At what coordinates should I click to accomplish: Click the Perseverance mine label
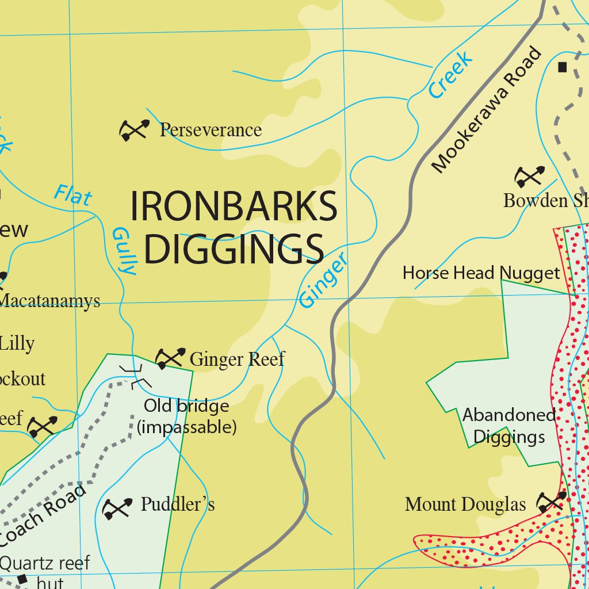tap(211, 130)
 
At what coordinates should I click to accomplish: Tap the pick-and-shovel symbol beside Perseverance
tap(134, 130)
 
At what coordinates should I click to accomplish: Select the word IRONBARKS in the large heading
tap(234, 206)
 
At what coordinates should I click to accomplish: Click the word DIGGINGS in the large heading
tap(234, 248)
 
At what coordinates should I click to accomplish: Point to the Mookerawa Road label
tap(487, 110)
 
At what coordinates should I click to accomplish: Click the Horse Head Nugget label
tap(481, 273)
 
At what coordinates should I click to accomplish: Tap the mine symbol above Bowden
tap(530, 177)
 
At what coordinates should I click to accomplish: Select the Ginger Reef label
tap(237, 359)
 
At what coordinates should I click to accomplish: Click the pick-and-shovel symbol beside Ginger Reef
tap(170, 358)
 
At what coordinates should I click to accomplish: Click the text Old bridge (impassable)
tap(186, 417)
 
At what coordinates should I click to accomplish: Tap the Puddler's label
tap(178, 504)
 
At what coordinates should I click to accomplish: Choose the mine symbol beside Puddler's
tap(117, 508)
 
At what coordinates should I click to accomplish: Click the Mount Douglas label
tap(465, 504)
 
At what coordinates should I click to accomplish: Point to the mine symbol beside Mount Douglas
tap(552, 502)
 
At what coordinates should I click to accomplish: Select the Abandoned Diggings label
tap(509, 426)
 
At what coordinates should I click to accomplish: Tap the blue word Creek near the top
tap(452, 74)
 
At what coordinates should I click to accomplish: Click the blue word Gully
tap(124, 251)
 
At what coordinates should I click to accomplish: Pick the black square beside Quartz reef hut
tap(22, 579)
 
